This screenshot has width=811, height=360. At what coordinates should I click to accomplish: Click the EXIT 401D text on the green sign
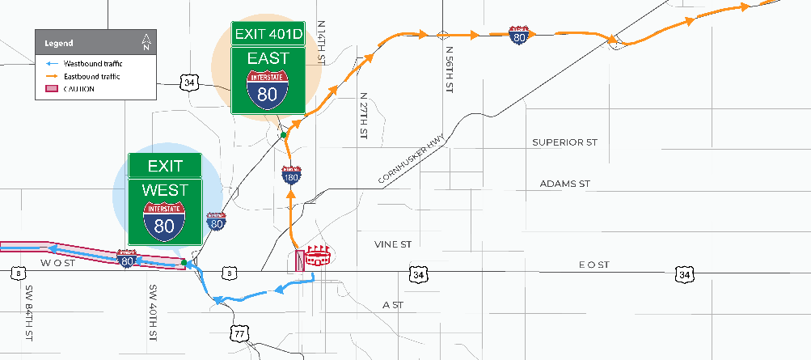tap(268, 34)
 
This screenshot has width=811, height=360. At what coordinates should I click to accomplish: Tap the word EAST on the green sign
tap(268, 59)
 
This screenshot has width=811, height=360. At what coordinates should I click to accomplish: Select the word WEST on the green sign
tap(164, 190)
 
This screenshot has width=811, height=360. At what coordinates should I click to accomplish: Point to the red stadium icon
tap(319, 258)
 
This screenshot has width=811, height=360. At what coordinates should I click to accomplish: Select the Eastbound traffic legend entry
tap(79, 76)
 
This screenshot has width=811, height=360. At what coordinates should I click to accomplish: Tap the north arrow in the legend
tap(146, 42)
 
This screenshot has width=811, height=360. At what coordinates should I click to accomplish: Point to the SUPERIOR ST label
tap(564, 142)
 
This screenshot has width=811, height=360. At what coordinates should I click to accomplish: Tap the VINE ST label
tap(393, 244)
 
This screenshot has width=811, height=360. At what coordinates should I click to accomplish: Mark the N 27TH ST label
tap(361, 118)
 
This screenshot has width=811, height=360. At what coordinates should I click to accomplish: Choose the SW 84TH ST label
tap(29, 311)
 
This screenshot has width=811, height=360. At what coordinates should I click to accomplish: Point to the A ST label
tap(393, 305)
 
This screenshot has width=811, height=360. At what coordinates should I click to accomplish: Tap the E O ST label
tap(593, 265)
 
